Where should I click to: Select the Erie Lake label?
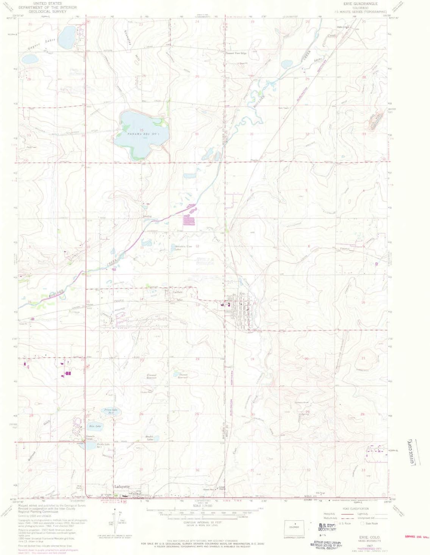[94, 426]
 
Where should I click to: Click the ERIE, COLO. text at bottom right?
[367, 538]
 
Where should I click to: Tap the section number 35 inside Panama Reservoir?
[142, 130]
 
